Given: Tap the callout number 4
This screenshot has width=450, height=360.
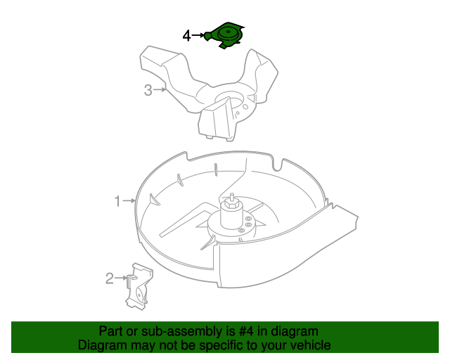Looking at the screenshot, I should point(186,35).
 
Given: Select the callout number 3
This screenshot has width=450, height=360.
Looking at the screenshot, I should point(148,89).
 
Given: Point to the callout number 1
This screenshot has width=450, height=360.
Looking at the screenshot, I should point(118,201).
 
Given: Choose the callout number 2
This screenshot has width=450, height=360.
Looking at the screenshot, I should point(110,278).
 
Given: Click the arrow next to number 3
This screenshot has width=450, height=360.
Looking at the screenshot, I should point(160,89).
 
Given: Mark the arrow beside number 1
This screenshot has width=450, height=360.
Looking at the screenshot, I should point(129,201).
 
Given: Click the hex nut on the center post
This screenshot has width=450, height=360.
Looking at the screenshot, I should point(231,207).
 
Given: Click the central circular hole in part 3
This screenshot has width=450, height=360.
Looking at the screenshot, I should point(228,99).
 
